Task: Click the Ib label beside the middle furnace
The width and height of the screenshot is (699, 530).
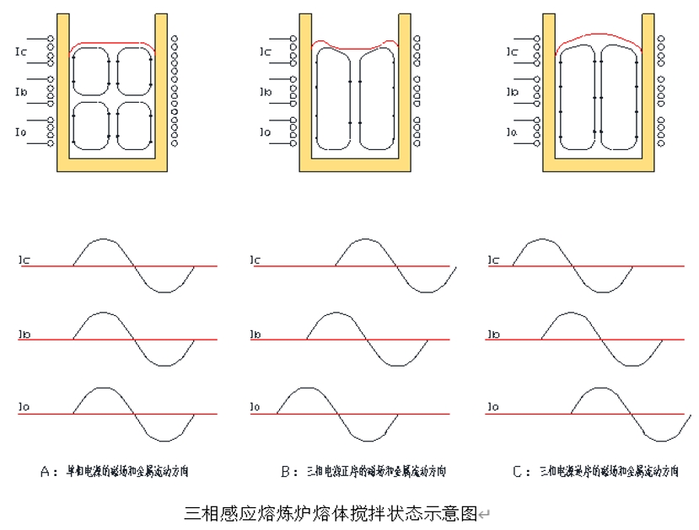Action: (265, 92)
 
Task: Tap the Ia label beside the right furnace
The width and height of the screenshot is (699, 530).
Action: (511, 132)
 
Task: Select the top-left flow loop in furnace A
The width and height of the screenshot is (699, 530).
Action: (92, 71)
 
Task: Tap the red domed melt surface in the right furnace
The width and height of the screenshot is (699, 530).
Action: (600, 35)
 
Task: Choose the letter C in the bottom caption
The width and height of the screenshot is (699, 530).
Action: (517, 471)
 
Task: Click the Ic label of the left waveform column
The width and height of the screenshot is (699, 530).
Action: (24, 261)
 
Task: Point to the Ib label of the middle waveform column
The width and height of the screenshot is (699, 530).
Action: (256, 335)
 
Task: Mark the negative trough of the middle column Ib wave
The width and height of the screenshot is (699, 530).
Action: (397, 366)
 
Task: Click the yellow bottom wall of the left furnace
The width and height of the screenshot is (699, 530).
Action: (112, 165)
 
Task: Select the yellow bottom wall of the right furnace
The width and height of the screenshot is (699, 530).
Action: (599, 165)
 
